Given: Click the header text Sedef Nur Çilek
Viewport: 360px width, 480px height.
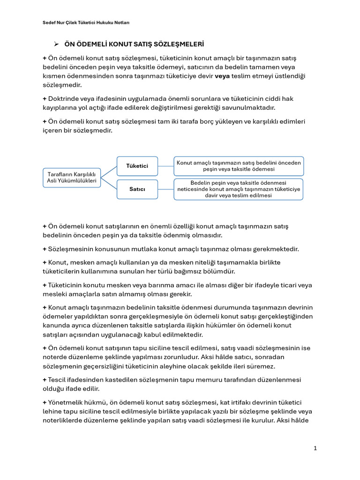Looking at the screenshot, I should tap(60, 23).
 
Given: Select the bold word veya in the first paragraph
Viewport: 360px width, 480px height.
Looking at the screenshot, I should tap(222, 76).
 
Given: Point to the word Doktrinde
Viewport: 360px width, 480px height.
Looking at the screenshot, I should tap(64, 98).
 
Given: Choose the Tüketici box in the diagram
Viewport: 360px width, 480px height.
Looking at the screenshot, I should tap(137, 166).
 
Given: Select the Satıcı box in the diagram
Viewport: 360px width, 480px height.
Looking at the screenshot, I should tap(137, 189).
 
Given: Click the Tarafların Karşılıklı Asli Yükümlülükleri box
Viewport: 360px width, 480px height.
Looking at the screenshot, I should tap(72, 177).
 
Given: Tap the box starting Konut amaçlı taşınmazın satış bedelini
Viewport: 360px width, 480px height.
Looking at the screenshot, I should tap(239, 166).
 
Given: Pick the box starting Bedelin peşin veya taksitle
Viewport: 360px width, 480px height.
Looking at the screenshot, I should tap(239, 189).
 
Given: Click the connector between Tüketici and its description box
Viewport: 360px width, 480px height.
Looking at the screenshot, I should tap(165, 166).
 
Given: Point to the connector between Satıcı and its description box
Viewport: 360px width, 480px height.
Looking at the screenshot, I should tap(165, 189).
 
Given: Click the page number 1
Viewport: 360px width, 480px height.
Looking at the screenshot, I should tap(315, 448).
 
